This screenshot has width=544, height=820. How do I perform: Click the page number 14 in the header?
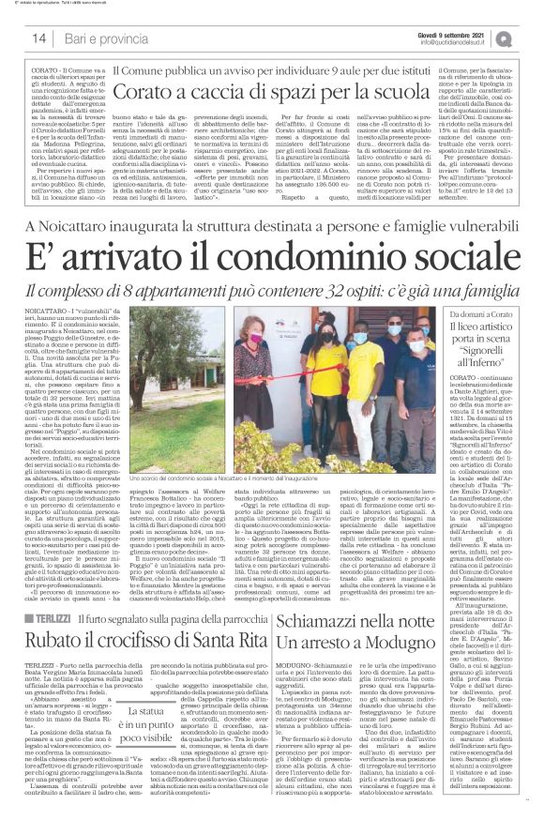[x=38, y=38]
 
